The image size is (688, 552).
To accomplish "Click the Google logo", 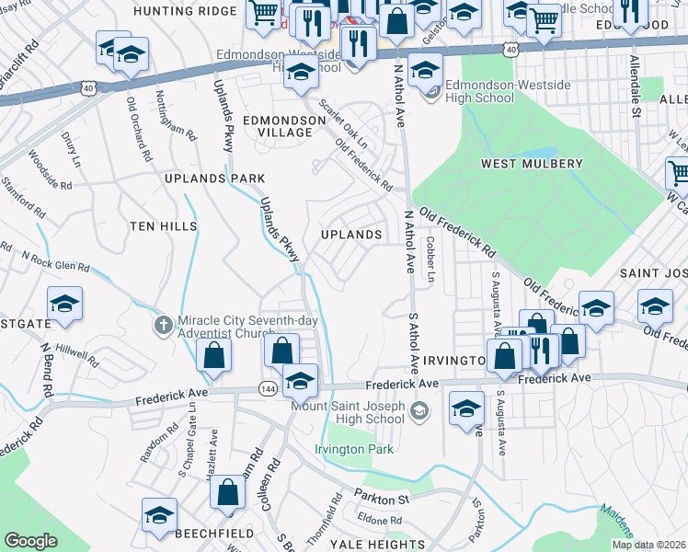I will point(31,541).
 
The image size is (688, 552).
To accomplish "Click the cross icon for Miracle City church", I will point(163,324).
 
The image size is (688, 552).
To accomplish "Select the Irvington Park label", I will point(354,449).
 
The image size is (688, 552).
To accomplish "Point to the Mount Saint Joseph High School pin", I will point(420,409).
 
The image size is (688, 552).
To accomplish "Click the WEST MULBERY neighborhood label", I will point(532,164).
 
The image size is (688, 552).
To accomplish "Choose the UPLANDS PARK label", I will point(214,178).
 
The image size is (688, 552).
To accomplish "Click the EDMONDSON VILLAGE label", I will point(277,126).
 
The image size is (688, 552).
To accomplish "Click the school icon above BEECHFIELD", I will point(159,515).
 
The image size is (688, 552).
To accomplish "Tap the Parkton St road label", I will point(382,498).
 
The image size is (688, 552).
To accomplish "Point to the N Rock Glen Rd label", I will point(55,261).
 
